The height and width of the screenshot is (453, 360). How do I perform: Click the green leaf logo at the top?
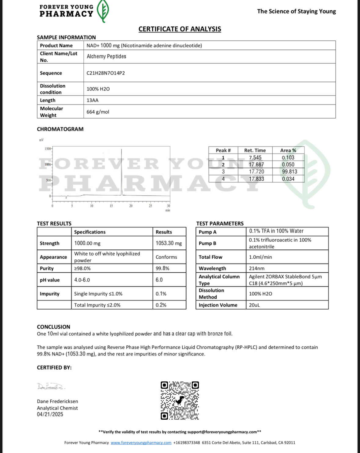[x=103, y=11]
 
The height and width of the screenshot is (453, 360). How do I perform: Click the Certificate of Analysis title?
[x=180, y=29]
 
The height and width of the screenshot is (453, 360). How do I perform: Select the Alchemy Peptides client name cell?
[x=106, y=57]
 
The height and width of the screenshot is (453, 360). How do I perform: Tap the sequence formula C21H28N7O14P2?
[x=106, y=73]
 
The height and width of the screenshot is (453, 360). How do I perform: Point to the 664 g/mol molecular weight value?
[x=98, y=112]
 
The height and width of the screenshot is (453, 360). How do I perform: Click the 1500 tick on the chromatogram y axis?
[x=48, y=149]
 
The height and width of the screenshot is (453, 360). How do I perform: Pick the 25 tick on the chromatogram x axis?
[x=150, y=206]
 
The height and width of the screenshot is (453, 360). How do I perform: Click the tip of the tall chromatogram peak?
[x=122, y=149]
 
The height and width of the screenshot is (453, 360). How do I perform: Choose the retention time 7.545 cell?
[x=255, y=157]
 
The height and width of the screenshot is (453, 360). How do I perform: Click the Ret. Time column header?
[x=255, y=150]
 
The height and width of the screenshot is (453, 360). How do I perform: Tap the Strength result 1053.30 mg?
[x=169, y=243]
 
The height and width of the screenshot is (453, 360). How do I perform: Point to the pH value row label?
[x=50, y=280]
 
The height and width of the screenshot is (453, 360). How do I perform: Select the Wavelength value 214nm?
[x=256, y=268]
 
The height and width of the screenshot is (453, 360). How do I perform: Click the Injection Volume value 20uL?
[x=254, y=305]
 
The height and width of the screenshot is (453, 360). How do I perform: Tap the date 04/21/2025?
[x=50, y=414]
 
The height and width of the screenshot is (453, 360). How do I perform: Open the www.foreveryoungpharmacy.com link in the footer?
[x=141, y=443]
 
